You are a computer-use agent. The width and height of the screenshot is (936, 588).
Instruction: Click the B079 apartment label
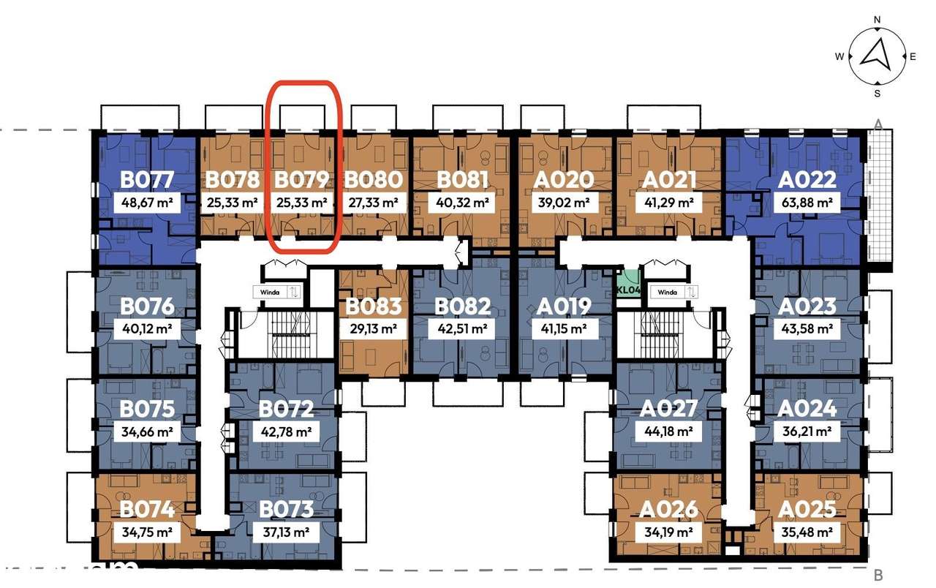[301, 180]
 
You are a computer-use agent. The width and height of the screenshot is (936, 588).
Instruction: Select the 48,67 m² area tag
[147, 203]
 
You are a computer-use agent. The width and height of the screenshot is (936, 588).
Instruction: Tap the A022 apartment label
[807, 180]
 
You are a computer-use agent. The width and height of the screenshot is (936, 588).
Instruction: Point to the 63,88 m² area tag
[807, 203]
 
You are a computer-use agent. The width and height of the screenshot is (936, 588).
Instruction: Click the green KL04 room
[628, 283]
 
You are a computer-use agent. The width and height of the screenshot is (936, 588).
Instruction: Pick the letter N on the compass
[877, 20]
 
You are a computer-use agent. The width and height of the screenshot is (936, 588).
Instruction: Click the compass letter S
[877, 94]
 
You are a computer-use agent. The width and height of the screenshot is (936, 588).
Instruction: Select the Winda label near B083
[270, 292]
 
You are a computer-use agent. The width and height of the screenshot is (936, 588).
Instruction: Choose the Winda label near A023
[667, 292]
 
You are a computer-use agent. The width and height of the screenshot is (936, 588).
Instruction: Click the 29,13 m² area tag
[373, 329]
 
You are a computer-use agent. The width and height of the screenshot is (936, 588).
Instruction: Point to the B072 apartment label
[286, 409]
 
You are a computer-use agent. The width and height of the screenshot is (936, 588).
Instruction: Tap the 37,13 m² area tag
[286, 532]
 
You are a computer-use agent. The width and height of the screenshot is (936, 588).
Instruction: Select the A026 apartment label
[668, 510]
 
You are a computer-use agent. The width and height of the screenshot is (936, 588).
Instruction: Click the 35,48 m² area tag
[807, 532]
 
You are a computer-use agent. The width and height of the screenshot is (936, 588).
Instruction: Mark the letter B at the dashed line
[878, 576]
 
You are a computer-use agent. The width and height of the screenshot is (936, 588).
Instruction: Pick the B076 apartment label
[147, 306]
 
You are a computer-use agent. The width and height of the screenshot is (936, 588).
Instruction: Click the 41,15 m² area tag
[564, 329]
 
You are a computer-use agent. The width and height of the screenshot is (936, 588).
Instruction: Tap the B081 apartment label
[463, 180]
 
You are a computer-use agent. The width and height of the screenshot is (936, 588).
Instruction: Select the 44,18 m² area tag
[668, 431]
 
